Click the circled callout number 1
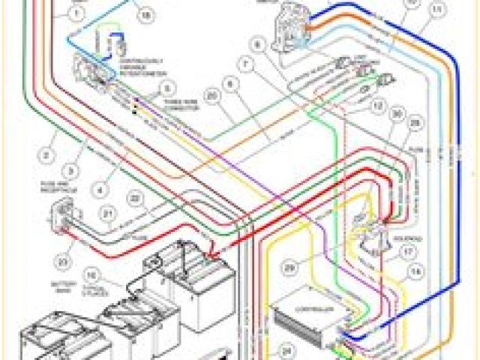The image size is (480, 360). coord(76,13)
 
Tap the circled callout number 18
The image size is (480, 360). coord(145,15)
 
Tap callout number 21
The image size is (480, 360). coord(109,223)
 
